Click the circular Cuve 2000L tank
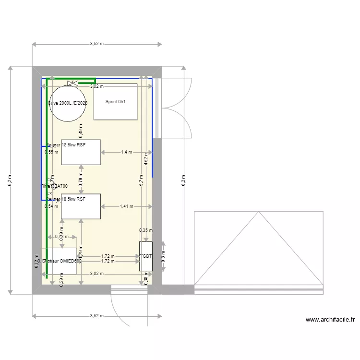tap(68, 103)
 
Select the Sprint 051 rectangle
tap(115, 102)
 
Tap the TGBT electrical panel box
tap(145, 256)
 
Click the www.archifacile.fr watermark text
tap(330, 319)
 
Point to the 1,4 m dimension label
tap(126, 152)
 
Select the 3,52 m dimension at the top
tap(96, 44)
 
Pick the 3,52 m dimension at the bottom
tap(96, 315)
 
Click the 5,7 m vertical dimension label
tap(141, 180)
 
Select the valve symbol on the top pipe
tap(73, 83)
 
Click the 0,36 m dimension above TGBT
tap(145, 230)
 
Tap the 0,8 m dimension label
tap(163, 256)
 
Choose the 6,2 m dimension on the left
tap(10, 180)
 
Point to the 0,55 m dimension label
tap(51, 152)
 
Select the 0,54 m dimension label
tap(51, 206)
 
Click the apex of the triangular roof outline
tap(259, 212)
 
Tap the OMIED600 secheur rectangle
tap(61, 261)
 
